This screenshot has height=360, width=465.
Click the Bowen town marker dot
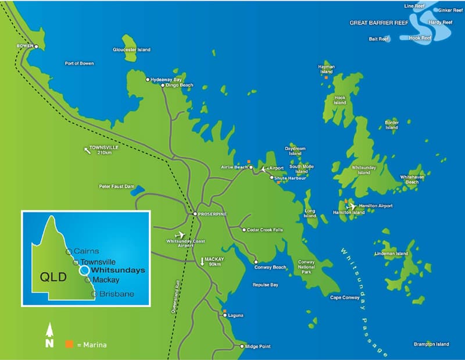click(36, 47)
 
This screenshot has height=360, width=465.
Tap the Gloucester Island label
click(131, 50)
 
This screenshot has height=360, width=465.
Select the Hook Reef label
click(420, 38)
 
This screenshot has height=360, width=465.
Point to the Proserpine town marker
click(195, 214)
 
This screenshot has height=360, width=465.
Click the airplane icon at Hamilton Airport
click(351, 206)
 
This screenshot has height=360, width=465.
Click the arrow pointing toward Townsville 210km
click(87, 151)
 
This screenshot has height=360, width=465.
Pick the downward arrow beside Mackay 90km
click(203, 261)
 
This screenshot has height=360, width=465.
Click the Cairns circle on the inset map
click(69, 252)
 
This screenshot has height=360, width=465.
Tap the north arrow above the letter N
click(49, 330)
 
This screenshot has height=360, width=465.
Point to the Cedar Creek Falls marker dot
click(244, 230)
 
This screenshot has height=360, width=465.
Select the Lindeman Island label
click(392, 254)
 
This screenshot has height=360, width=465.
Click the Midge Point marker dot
click(242, 347)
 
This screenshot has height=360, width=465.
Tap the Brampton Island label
click(431, 344)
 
